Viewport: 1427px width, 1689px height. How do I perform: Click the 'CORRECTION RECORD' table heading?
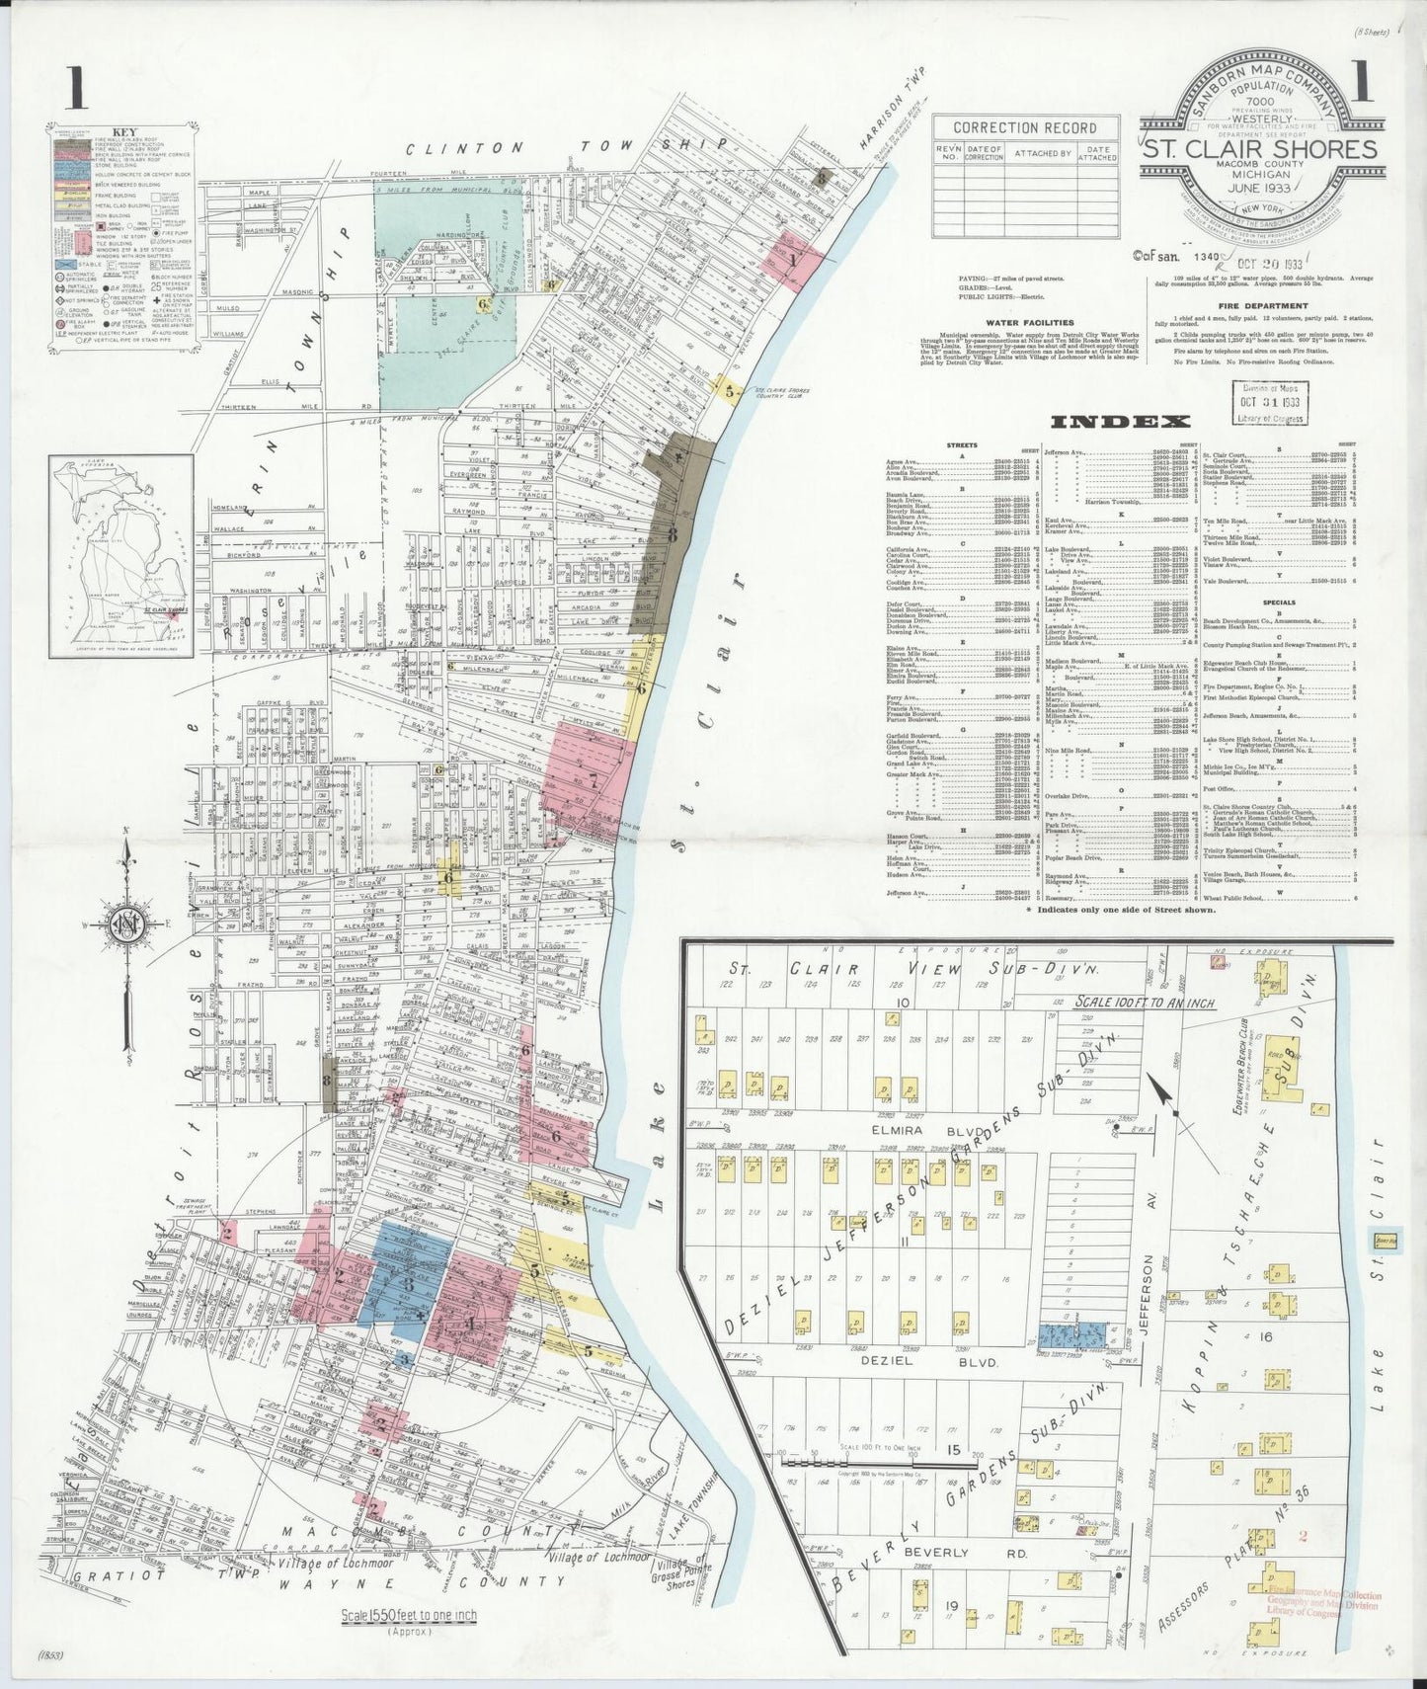pyautogui.click(x=1026, y=127)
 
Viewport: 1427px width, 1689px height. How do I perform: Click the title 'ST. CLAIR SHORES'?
pyautogui.click(x=1259, y=149)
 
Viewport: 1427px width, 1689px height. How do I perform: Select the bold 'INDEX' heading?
pyautogui.click(x=1120, y=423)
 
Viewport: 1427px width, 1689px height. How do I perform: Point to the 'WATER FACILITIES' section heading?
pyautogui.click(x=1030, y=322)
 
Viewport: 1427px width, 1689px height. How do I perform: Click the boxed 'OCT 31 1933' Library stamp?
pyautogui.click(x=1268, y=405)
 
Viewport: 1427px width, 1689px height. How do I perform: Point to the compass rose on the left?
pyautogui.click(x=127, y=927)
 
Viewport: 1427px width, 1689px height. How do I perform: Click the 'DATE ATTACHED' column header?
pyautogui.click(x=1097, y=153)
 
